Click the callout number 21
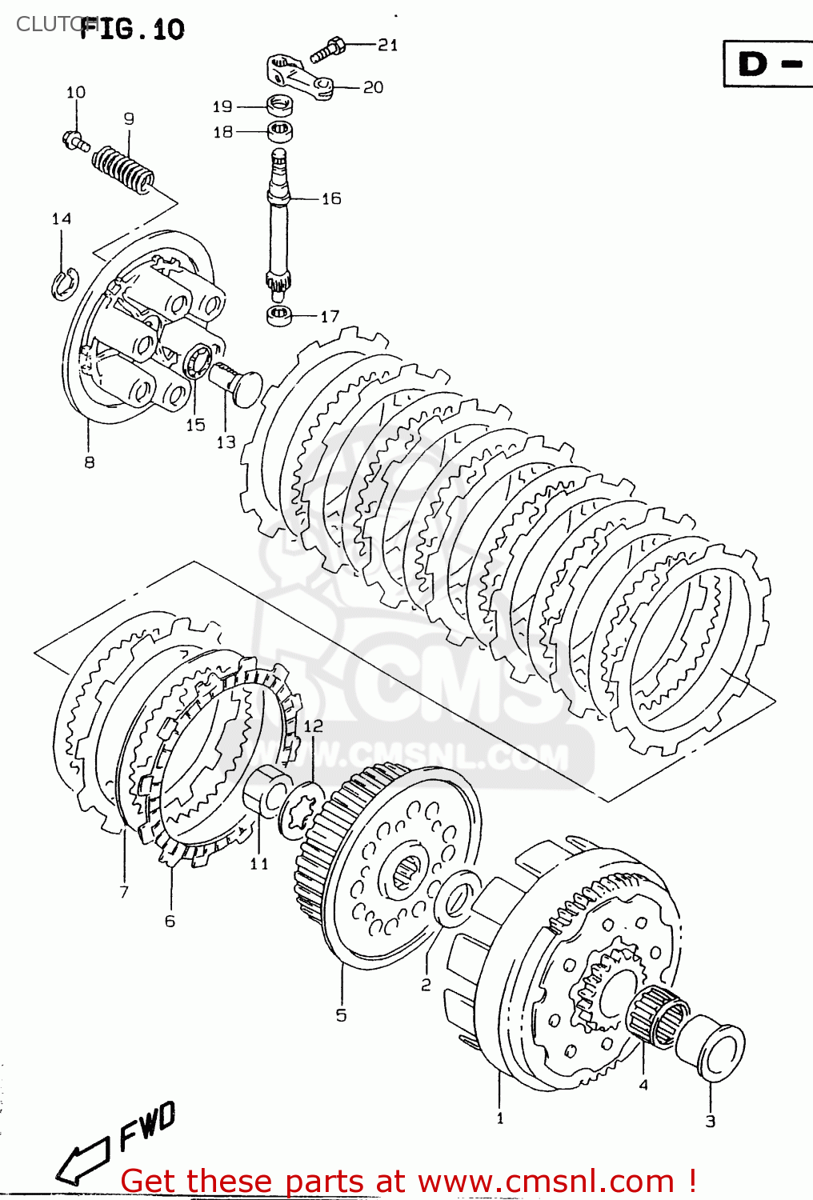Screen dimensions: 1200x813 tap(387, 45)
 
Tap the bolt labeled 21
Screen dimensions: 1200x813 tap(328, 50)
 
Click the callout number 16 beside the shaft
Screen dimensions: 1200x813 tap(331, 198)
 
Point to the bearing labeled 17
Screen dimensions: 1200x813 tap(278, 314)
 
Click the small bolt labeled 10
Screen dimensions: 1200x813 tap(74, 141)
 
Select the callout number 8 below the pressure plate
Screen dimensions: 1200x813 tap(89, 462)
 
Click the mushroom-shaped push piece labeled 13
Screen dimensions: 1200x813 tap(236, 383)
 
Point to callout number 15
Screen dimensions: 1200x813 tap(196, 425)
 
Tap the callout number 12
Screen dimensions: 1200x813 tap(313, 726)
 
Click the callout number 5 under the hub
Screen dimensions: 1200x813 tap(341, 1015)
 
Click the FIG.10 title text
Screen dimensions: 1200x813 tap(133, 30)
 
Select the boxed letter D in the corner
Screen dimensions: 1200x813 tap(752, 64)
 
